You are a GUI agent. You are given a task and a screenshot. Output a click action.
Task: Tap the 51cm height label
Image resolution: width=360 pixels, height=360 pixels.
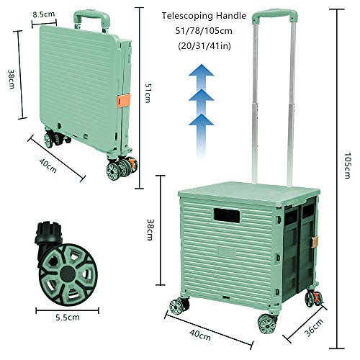tap(149, 94)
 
